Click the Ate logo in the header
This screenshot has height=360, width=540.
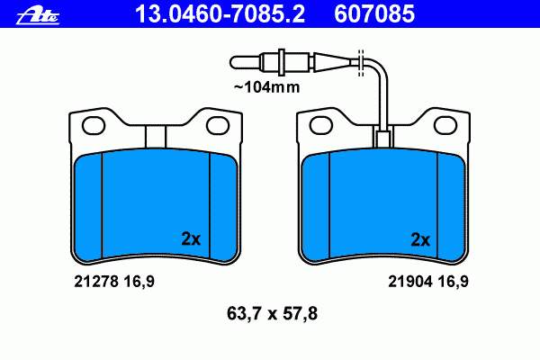[38, 16]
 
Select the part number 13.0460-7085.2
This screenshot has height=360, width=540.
[220, 13]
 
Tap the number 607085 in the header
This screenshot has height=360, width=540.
[374, 13]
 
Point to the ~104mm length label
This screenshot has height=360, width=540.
[267, 87]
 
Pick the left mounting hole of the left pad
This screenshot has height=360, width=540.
[93, 125]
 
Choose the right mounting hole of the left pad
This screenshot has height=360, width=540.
[218, 125]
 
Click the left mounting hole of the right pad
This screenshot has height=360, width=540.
[321, 125]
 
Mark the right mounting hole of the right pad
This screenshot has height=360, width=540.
[445, 125]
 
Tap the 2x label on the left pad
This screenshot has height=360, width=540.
[191, 238]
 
